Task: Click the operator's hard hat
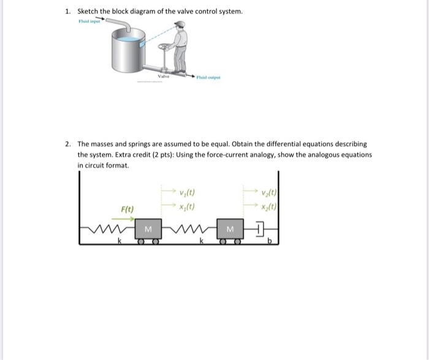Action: pos(179,24)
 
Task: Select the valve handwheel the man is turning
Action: pos(164,47)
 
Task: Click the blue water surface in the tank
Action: pos(126,39)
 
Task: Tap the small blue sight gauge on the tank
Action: pos(142,43)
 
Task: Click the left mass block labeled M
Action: pos(148,230)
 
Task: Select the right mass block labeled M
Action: pos(230,230)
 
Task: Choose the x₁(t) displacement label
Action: pos(187,206)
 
